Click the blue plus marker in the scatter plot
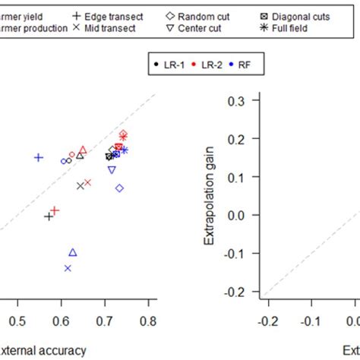[39, 157]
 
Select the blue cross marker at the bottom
[68, 268]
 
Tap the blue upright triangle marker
[73, 252]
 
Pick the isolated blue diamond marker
[119, 188]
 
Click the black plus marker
[49, 216]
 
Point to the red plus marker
[55, 210]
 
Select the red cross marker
[87, 182]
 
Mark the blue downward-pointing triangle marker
[112, 170]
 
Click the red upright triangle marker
[83, 150]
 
